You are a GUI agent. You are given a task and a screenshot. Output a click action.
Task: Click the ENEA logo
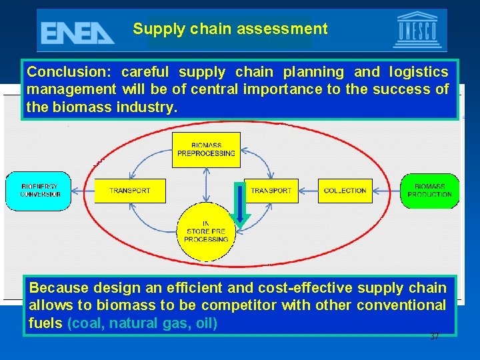[x=77, y=31]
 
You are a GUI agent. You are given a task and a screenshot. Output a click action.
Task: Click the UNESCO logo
[x=417, y=31]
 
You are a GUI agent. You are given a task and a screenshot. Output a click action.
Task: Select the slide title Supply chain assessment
[x=230, y=29]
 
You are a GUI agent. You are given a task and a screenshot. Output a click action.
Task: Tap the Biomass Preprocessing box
[x=206, y=149]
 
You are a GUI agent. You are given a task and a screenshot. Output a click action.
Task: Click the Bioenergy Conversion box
[x=40, y=190]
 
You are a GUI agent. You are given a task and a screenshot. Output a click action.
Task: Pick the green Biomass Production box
[x=429, y=190]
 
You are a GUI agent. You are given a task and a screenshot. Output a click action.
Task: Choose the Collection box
[x=345, y=191]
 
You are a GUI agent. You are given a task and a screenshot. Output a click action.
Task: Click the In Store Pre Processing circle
[x=206, y=231]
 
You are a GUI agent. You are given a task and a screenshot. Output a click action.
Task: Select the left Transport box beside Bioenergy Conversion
[x=130, y=191]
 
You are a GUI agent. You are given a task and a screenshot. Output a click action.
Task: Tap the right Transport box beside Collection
[x=271, y=191]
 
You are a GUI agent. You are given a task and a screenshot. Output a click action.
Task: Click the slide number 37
[x=435, y=337]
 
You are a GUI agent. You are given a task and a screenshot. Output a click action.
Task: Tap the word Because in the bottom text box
[x=59, y=288]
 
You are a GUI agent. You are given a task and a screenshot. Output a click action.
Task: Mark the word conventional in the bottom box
[x=401, y=305]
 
